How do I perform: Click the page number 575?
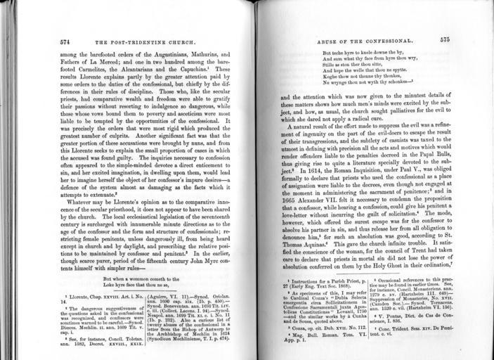click(445, 41)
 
